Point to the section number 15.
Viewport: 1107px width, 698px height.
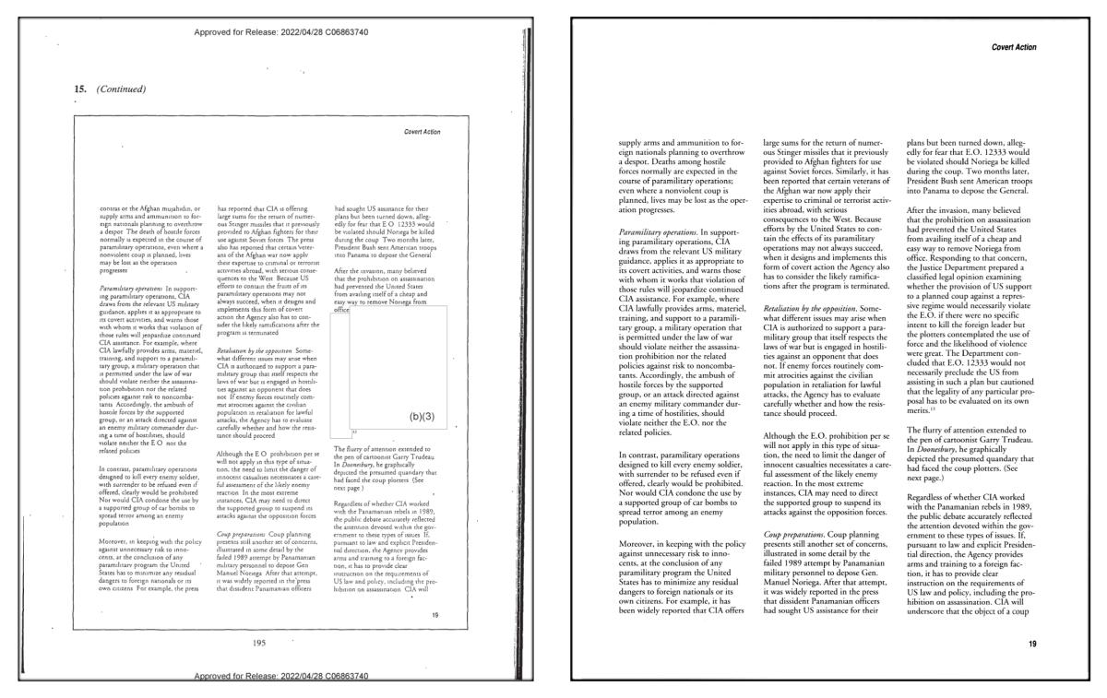click(x=79, y=89)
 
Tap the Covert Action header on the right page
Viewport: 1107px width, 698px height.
click(x=1013, y=47)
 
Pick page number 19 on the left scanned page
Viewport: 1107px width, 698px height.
click(x=434, y=615)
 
